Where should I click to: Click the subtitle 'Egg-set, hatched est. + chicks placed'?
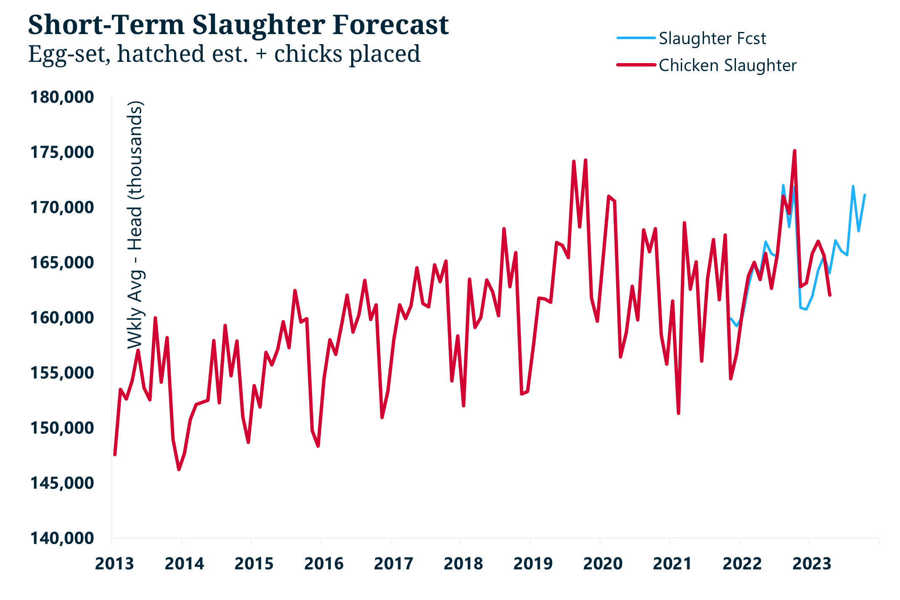coord(224,54)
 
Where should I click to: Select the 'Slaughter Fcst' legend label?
coord(712,39)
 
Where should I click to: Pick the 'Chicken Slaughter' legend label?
coord(727,66)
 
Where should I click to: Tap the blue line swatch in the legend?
coord(636,38)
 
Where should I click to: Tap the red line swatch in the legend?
coord(636,65)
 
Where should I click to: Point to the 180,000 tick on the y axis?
coord(62,97)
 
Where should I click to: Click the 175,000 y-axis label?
coord(62,152)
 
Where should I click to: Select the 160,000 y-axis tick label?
coord(62,318)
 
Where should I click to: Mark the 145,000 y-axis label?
coord(62,483)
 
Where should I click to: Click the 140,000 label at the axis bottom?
coord(62,538)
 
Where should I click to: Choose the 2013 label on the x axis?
coord(114,564)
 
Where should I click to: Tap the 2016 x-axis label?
coord(323,564)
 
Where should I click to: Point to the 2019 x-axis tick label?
coord(533,564)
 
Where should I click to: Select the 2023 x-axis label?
coord(812,564)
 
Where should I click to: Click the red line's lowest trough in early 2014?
coord(179,470)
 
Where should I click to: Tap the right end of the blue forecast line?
coord(865,195)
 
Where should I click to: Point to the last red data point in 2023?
coord(830,295)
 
